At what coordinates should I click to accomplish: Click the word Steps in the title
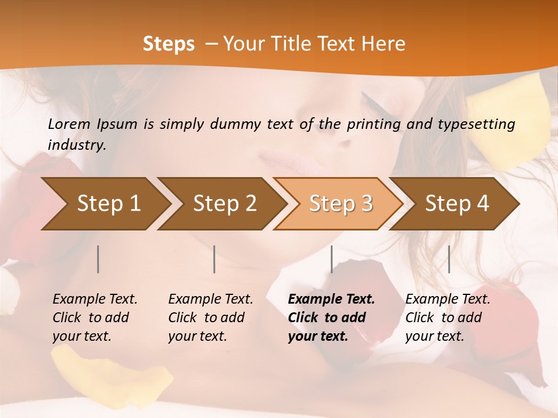click(x=169, y=44)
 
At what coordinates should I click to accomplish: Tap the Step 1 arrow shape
click(x=105, y=203)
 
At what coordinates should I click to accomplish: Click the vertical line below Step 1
click(x=98, y=259)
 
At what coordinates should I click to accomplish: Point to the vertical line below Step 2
click(x=214, y=259)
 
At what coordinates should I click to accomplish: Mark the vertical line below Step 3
click(x=331, y=259)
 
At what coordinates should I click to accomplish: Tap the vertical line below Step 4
click(x=449, y=259)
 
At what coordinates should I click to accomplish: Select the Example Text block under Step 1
click(x=95, y=317)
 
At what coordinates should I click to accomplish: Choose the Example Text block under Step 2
click(x=210, y=317)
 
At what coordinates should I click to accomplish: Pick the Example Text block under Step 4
click(x=448, y=317)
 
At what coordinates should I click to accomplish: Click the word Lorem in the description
click(x=69, y=124)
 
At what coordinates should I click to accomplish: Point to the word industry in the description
click(x=77, y=145)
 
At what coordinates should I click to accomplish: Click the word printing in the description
click(x=373, y=124)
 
